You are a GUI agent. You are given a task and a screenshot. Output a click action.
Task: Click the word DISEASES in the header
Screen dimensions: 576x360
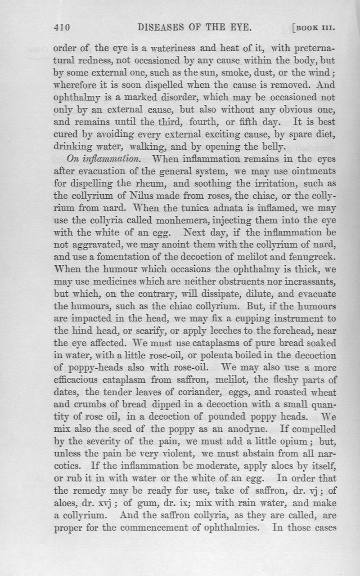159,28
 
